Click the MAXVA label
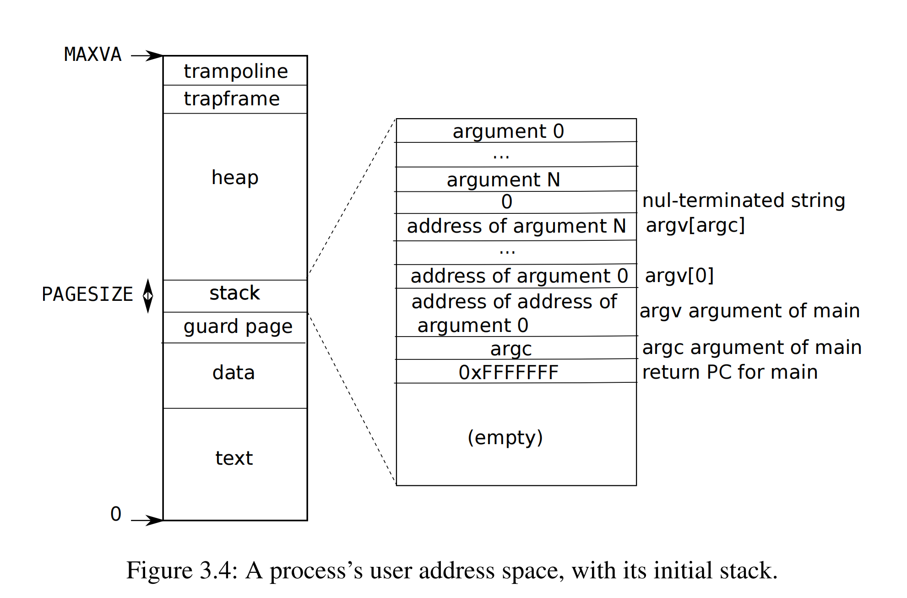(x=92, y=54)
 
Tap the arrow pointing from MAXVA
(x=147, y=56)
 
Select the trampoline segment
(x=235, y=71)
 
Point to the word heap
(x=235, y=177)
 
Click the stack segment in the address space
(x=234, y=293)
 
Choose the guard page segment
(x=238, y=326)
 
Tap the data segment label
(x=234, y=373)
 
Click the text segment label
(x=234, y=458)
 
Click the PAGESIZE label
(x=87, y=294)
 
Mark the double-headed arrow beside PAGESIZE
(x=148, y=296)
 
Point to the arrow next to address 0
(x=147, y=520)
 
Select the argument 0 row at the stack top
(x=508, y=131)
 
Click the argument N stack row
(x=503, y=179)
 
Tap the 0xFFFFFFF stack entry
(x=508, y=373)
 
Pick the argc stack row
(x=511, y=349)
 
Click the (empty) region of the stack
(x=505, y=437)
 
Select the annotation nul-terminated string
(x=744, y=201)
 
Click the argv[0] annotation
(x=679, y=276)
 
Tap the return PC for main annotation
(x=730, y=372)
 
